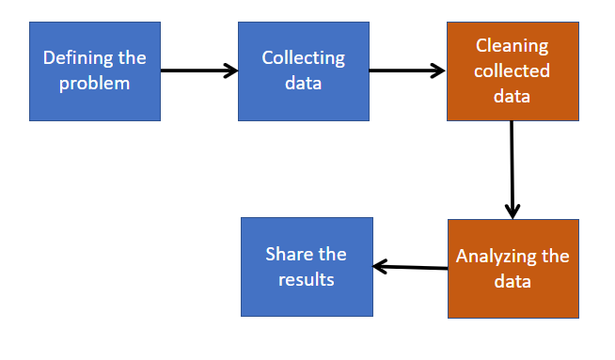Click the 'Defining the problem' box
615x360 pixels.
[x=94, y=71]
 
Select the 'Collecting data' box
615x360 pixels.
[x=303, y=71]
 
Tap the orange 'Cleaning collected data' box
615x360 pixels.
[x=512, y=71]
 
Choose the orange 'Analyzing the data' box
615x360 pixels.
[x=512, y=269]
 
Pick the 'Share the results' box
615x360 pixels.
[x=307, y=267]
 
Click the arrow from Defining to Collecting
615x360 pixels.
[x=198, y=70]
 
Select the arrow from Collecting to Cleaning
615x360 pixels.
[x=406, y=70]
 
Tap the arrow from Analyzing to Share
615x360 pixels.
[x=410, y=267]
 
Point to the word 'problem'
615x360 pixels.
[x=94, y=83]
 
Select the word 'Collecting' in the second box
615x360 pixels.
[x=303, y=58]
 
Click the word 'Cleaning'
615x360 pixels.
[x=512, y=46]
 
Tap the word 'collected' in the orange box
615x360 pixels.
[x=512, y=70]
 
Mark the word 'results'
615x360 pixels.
[x=307, y=279]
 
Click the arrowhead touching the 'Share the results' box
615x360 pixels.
[x=381, y=266]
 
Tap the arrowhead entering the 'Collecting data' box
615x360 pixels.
[x=230, y=70]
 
